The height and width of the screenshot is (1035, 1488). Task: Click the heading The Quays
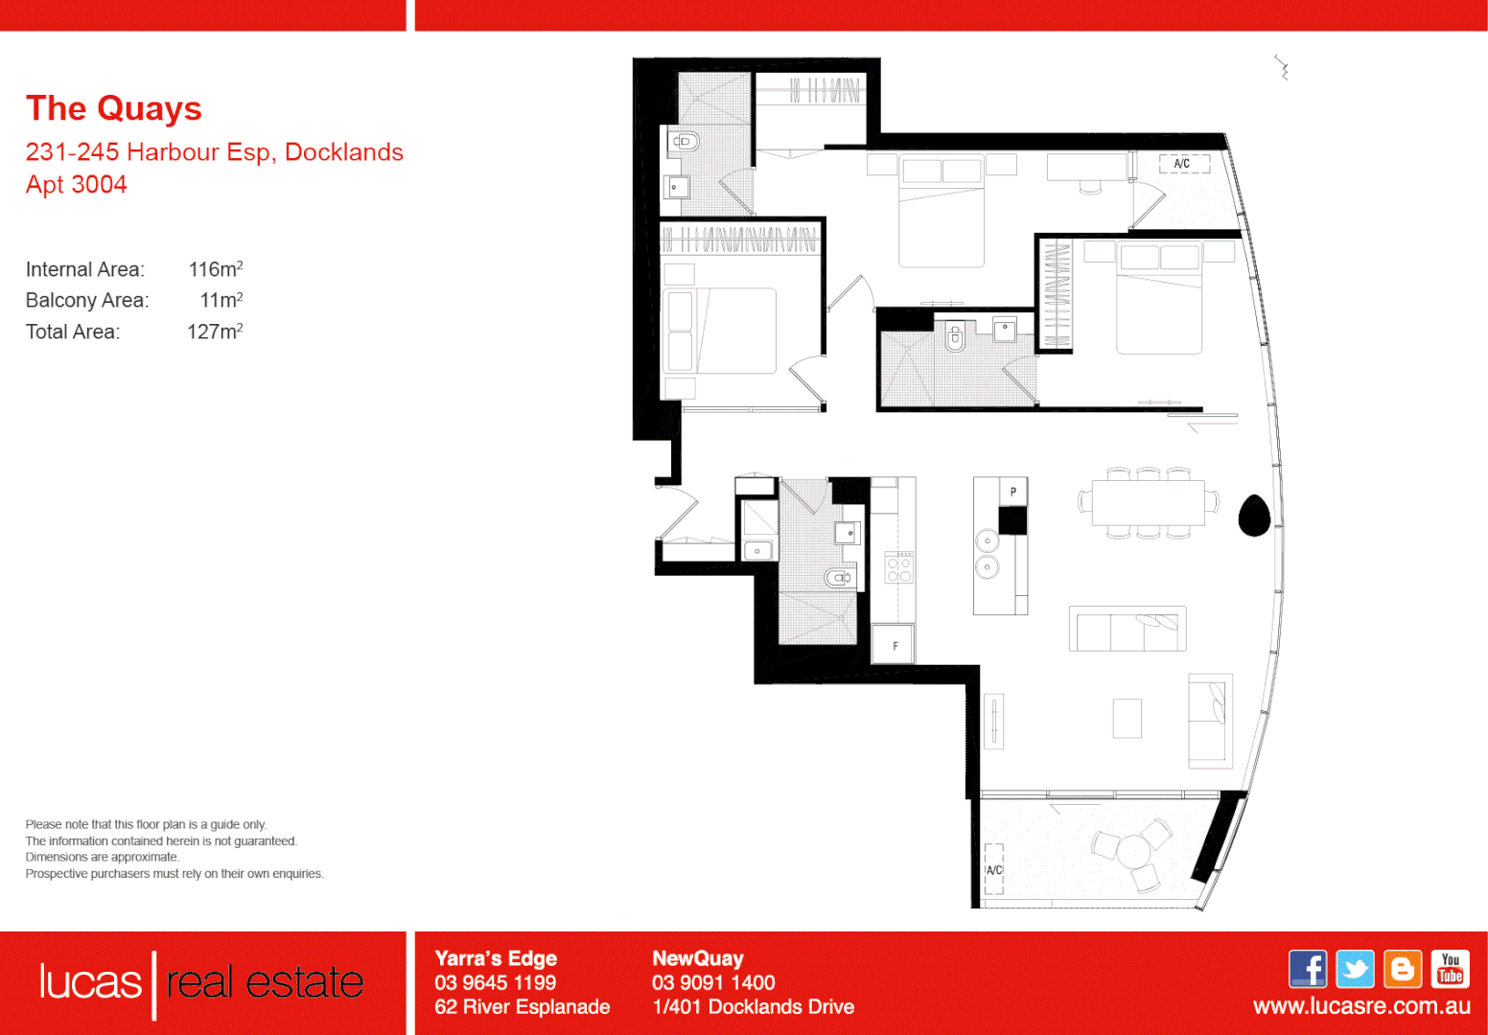click(113, 108)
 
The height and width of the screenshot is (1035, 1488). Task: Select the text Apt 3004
click(76, 184)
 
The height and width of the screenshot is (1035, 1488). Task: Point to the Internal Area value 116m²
click(215, 269)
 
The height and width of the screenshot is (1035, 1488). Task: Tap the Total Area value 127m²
click(215, 332)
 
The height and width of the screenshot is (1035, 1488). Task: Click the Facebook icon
click(1308, 969)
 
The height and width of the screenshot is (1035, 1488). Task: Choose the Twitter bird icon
click(1355, 969)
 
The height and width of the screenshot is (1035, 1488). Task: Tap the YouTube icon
click(1450, 969)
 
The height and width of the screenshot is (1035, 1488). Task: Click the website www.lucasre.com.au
click(1360, 1006)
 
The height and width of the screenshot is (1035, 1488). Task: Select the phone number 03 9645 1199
click(495, 982)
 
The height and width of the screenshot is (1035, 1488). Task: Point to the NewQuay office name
click(697, 958)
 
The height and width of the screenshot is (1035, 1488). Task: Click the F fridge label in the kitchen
click(895, 646)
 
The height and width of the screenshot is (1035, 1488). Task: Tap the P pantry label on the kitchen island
click(1012, 492)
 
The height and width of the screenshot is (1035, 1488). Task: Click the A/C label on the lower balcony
click(994, 870)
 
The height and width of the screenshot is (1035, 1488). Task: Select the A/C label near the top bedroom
click(1182, 164)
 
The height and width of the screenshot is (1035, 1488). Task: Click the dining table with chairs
click(1148, 503)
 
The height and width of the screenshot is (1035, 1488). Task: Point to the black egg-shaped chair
click(1254, 516)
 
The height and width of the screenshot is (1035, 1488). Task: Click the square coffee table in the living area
click(1127, 718)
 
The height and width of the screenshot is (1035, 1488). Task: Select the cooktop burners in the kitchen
click(899, 568)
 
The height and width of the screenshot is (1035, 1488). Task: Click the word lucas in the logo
click(90, 982)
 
